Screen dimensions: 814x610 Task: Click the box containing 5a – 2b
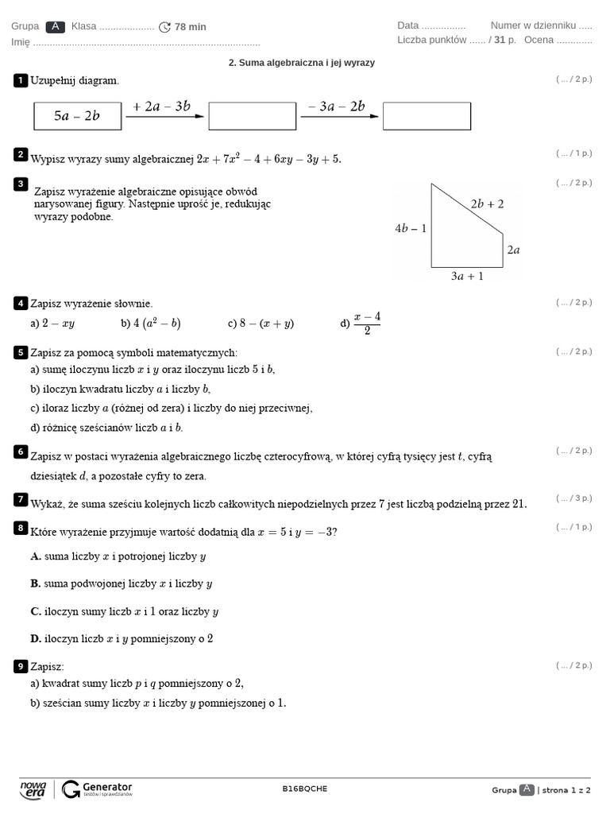(x=77, y=116)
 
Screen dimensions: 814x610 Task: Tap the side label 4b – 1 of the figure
(x=411, y=228)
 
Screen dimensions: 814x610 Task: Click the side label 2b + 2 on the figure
(x=487, y=203)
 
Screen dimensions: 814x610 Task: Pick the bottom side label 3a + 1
(x=467, y=277)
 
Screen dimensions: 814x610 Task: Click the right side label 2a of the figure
(x=513, y=250)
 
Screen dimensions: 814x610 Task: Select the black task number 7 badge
(x=21, y=499)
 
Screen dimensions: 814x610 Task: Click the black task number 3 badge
(x=21, y=184)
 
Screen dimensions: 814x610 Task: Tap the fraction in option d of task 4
(x=367, y=323)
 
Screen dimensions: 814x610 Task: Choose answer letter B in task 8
(x=36, y=583)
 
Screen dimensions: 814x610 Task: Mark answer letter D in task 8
(x=36, y=638)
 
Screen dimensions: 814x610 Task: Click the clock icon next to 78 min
(x=164, y=27)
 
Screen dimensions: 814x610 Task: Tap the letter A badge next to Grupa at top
(x=56, y=26)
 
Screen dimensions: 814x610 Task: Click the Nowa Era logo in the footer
(x=33, y=789)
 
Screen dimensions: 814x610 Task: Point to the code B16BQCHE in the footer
(x=304, y=789)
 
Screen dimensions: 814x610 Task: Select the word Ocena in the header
(x=539, y=40)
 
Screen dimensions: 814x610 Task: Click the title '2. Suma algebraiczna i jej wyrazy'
(x=301, y=62)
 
